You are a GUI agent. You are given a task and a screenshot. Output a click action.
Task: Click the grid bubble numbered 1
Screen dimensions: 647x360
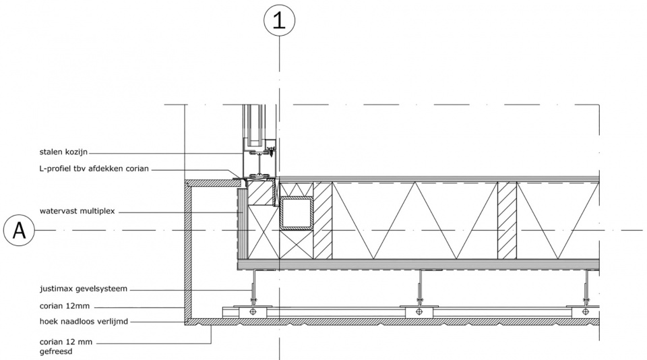click(279, 20)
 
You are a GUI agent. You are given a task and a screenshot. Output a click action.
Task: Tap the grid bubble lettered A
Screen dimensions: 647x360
click(19, 231)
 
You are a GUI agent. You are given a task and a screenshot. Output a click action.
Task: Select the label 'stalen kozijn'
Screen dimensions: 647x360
click(63, 152)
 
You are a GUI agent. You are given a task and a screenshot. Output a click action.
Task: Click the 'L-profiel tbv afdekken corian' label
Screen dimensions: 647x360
click(94, 169)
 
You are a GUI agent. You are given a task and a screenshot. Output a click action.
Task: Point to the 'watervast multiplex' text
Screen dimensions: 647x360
click(77, 212)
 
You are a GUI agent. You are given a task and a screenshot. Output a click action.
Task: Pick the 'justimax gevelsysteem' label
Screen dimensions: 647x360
click(84, 289)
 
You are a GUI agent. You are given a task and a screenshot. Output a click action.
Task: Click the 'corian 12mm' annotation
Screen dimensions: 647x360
click(65, 306)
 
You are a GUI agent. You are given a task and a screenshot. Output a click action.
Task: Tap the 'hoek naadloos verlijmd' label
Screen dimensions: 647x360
click(84, 321)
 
